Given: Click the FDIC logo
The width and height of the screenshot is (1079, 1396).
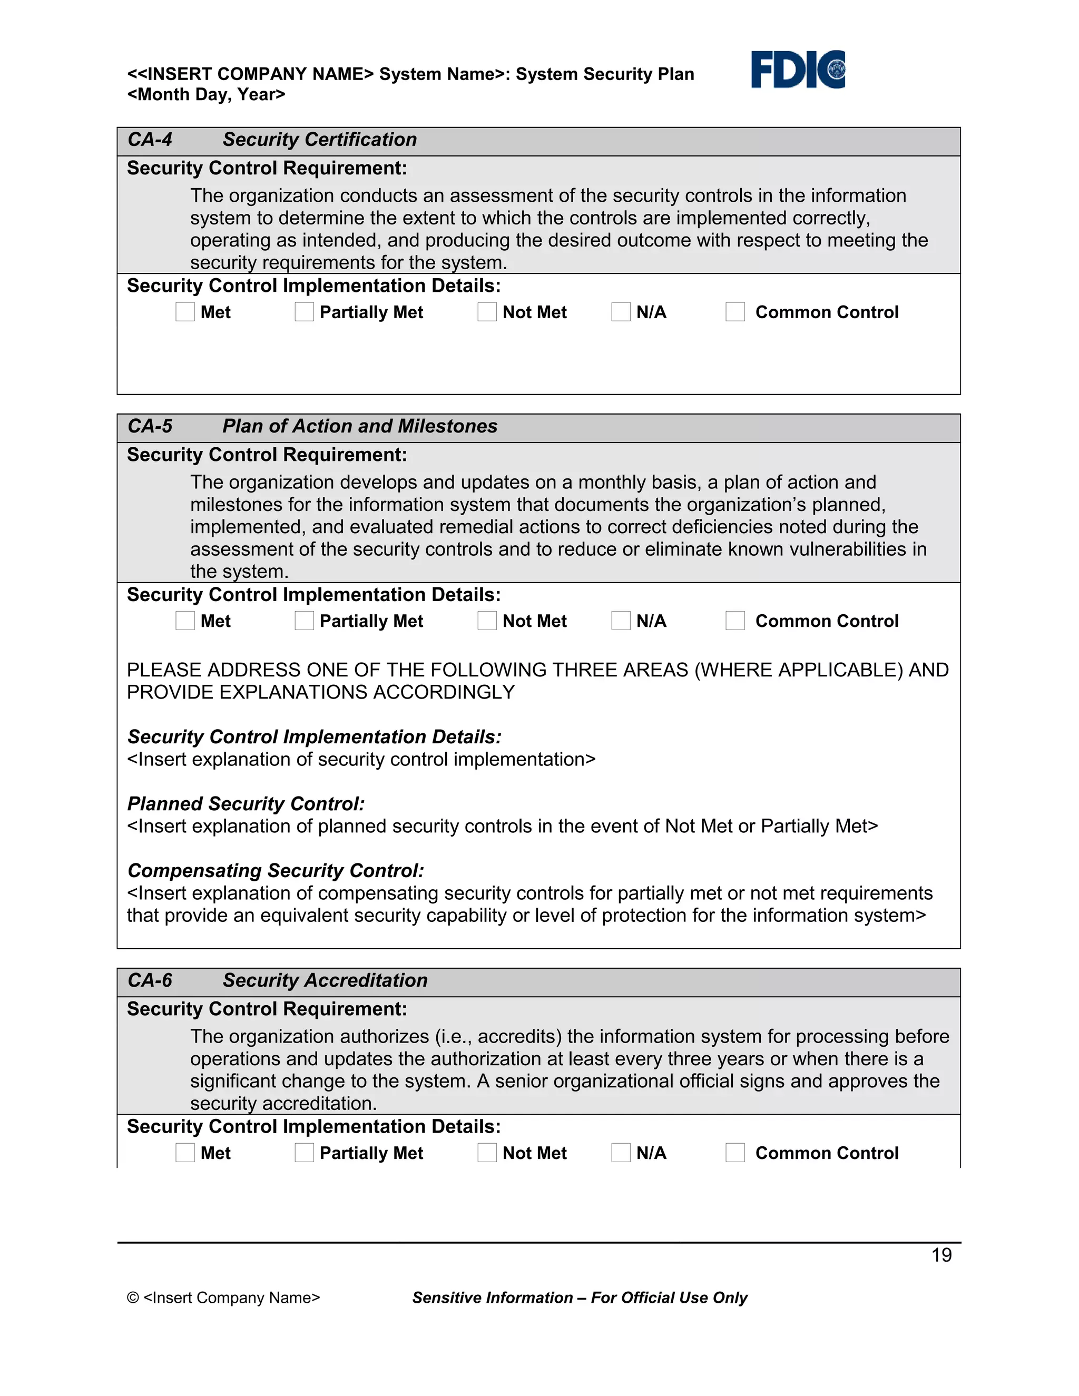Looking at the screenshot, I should click(798, 69).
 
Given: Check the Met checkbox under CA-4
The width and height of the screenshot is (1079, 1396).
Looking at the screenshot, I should click(185, 312).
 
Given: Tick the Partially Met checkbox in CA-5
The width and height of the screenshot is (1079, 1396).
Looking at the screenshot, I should click(305, 621).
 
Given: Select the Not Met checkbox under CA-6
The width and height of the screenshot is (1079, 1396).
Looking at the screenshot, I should click(487, 1153).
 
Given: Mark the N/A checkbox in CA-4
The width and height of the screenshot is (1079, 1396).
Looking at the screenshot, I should click(621, 312).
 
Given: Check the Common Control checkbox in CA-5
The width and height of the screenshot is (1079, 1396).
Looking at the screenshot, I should click(735, 621).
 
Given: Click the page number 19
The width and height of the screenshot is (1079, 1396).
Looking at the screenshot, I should click(941, 1255).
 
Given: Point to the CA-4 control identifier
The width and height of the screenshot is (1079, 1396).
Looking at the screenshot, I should click(150, 140).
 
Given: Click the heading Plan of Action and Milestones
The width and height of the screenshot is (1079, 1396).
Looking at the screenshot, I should click(360, 426).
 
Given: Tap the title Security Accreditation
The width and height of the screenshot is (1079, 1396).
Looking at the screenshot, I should click(325, 980).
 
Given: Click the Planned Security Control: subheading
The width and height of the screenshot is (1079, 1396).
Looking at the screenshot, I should click(246, 803).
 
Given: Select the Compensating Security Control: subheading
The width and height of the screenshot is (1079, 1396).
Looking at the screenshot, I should click(276, 871).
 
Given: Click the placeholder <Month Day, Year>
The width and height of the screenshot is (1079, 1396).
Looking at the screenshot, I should click(206, 95).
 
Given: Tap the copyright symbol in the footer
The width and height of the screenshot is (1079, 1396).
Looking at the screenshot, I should click(133, 1297).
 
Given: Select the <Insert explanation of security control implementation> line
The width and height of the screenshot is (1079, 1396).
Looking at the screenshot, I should click(361, 759).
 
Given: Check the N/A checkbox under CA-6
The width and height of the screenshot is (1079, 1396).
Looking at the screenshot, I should click(621, 1153).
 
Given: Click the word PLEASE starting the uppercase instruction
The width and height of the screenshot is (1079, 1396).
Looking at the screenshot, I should click(164, 670).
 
